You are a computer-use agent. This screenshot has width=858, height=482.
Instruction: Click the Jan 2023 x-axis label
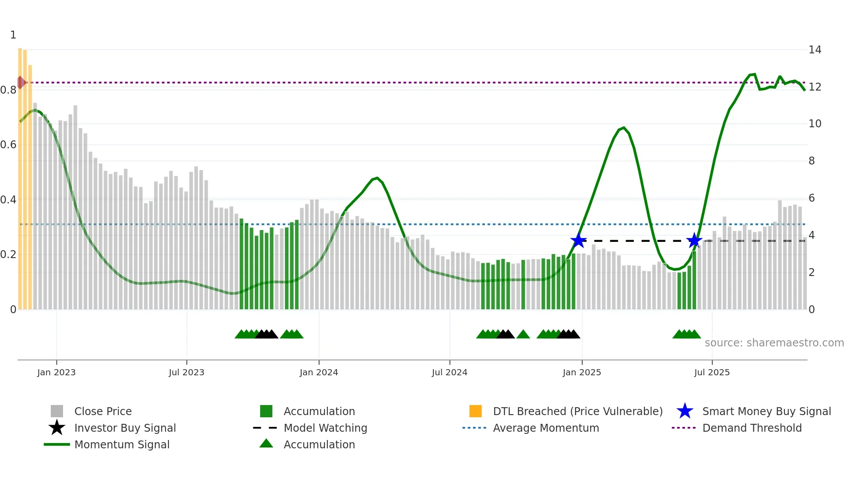pos(56,372)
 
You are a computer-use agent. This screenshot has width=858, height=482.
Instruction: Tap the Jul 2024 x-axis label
pos(449,372)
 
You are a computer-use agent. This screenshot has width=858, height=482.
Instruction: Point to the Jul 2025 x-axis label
pos(712,372)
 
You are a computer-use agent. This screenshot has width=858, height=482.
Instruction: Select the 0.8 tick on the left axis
pos(8,90)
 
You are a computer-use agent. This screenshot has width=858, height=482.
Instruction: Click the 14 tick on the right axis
pos(815,50)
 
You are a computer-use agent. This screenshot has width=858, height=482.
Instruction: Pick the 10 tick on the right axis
pos(815,124)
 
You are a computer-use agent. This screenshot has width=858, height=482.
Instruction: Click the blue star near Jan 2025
pos(578,241)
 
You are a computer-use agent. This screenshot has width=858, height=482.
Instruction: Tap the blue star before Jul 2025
pos(694,241)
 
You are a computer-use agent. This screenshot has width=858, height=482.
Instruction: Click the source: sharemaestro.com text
pos(774,343)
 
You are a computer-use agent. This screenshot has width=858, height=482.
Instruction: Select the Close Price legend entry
pos(103,411)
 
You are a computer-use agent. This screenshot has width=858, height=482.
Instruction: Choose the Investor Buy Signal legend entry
pos(125,428)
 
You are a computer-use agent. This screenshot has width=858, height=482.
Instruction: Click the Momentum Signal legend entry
pos(122,444)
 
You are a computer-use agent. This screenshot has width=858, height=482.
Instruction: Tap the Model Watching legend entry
pos(325,428)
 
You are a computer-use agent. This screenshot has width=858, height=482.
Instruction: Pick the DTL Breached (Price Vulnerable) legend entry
pos(577,411)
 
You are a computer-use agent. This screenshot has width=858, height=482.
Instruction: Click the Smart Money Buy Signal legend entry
pos(766,411)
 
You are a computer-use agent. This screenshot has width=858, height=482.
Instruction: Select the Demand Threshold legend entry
pos(752,428)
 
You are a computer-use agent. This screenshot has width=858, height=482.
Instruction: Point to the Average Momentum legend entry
pos(545,428)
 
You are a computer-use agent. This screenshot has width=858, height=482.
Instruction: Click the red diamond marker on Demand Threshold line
pos(21,82)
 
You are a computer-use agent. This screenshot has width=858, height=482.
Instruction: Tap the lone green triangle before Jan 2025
pos(523,335)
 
